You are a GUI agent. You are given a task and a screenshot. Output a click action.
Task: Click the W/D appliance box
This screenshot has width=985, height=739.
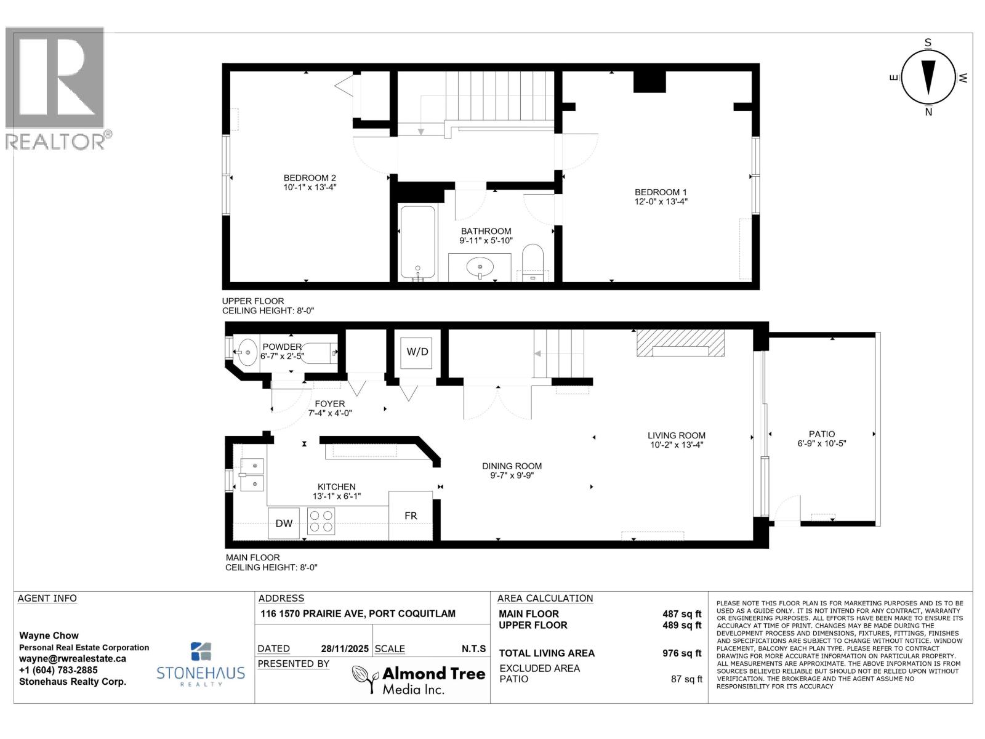[417, 352]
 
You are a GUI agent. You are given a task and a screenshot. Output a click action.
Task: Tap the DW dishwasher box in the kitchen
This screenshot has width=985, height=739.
[284, 523]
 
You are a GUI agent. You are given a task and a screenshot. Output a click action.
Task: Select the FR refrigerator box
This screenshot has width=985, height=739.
[411, 515]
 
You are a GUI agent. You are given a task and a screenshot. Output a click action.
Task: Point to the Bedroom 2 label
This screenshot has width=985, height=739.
[310, 178]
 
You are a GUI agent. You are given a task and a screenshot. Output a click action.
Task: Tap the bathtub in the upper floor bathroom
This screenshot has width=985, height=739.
[418, 243]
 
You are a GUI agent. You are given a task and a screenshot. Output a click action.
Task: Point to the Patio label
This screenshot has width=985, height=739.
[822, 434]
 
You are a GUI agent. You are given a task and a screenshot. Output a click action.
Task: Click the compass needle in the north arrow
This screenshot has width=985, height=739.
[928, 77]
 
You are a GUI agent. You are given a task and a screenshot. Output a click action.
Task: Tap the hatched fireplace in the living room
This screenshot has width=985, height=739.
[680, 343]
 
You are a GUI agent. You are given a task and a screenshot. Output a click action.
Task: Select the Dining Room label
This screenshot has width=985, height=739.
[512, 466]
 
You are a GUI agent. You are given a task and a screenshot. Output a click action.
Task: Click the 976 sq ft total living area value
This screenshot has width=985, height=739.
[681, 653]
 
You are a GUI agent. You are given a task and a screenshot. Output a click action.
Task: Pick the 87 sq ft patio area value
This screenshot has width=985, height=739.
[686, 679]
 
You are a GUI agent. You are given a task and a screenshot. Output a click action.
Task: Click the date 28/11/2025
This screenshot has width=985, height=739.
[344, 648]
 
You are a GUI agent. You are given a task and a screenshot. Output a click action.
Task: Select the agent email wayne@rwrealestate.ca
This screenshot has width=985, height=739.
[73, 658]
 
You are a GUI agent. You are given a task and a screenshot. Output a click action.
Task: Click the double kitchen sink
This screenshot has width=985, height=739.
[252, 475]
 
